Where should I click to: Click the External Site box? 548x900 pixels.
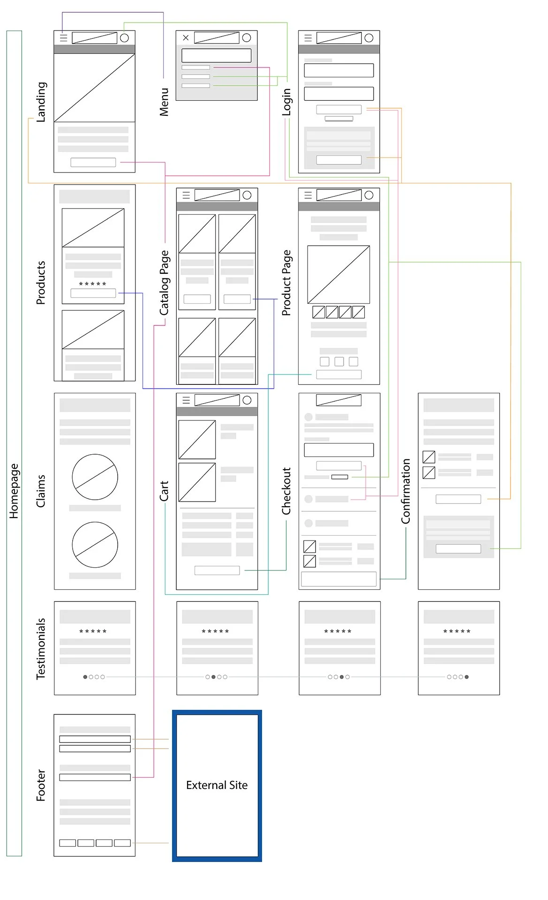click(217, 786)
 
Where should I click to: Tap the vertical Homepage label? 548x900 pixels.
click(14, 491)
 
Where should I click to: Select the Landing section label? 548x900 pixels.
click(41, 102)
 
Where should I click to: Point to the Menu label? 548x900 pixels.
click(164, 102)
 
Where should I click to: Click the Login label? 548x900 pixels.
click(286, 102)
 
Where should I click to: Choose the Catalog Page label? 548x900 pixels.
click(164, 283)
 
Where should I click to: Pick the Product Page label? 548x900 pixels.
click(286, 283)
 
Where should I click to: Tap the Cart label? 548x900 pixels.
click(164, 491)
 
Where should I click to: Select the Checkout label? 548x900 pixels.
click(286, 491)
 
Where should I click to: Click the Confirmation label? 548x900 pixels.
click(405, 491)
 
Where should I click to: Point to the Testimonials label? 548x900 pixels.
click(41, 648)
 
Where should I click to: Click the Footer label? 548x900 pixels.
click(41, 785)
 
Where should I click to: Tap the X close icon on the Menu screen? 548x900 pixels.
click(186, 37)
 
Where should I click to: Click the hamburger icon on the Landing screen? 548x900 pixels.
click(64, 38)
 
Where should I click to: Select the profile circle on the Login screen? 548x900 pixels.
click(369, 38)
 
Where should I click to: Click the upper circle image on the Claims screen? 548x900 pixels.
click(95, 477)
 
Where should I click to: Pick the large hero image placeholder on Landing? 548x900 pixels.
click(95, 88)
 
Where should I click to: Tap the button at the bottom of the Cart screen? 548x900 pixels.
click(217, 570)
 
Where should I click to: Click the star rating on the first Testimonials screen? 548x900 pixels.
click(93, 631)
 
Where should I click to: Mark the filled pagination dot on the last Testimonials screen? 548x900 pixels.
click(466, 677)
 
